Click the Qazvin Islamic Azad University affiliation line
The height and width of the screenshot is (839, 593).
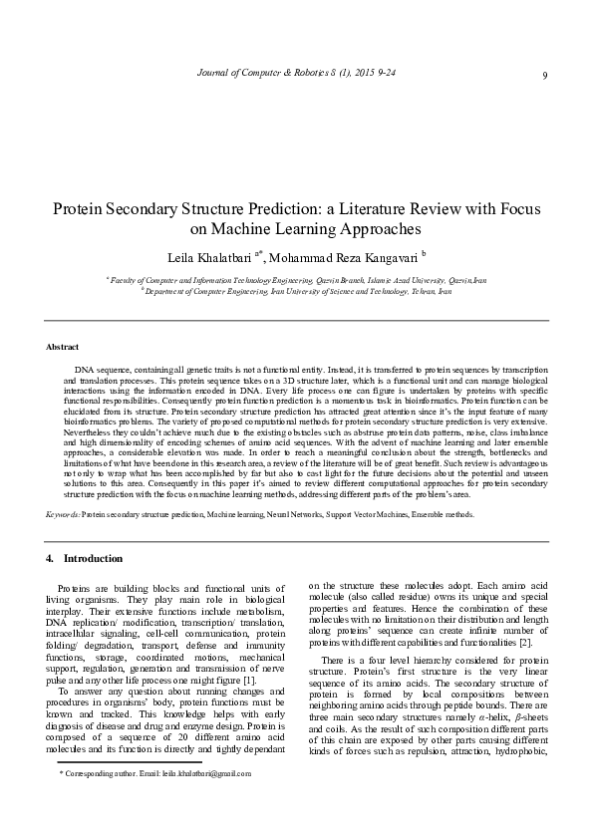pyautogui.click(x=296, y=282)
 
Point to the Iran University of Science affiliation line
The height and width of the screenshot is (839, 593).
pyautogui.click(x=296, y=292)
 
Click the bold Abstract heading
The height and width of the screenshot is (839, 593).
pyautogui.click(x=63, y=346)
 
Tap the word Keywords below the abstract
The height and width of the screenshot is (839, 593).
pyautogui.click(x=63, y=514)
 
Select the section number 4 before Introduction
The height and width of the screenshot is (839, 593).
pyautogui.click(x=50, y=558)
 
